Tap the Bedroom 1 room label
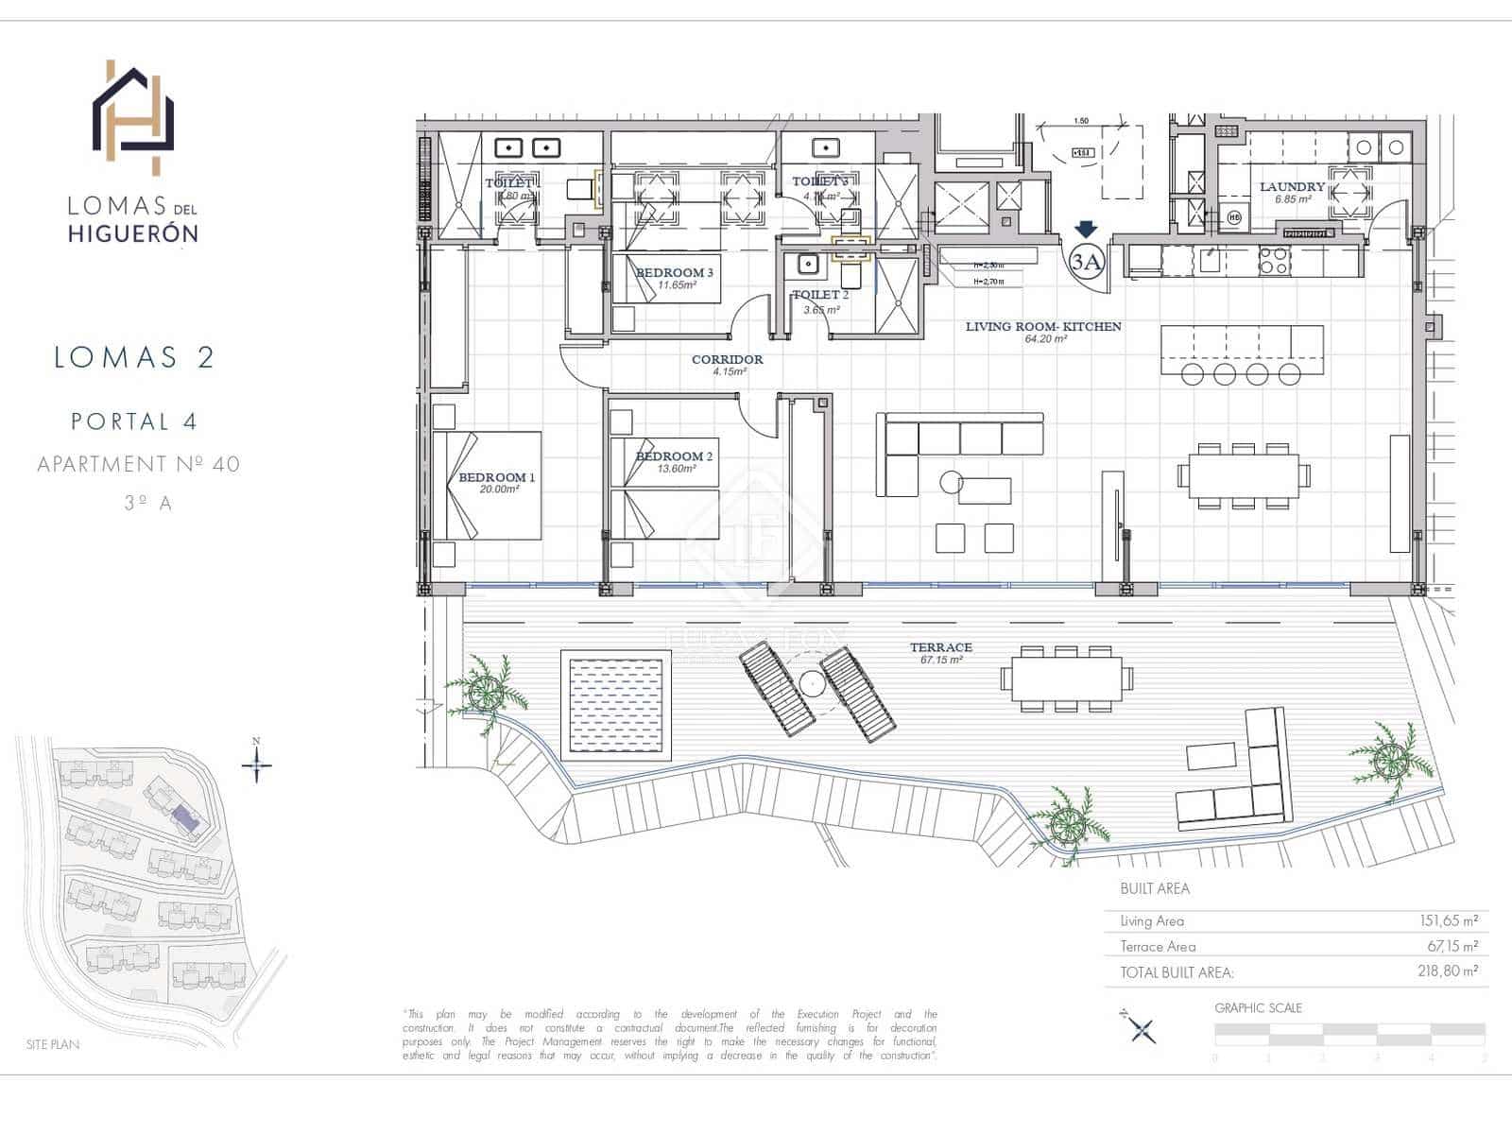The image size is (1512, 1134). point(496,477)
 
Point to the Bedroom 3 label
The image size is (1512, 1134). point(674,272)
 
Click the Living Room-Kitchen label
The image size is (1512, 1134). point(1043,326)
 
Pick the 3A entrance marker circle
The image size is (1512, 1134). point(1087,262)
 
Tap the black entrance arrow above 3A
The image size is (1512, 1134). point(1086,229)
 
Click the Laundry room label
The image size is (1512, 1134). point(1292,187)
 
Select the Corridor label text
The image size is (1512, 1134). point(727,360)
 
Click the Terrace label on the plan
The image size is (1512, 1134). point(940,647)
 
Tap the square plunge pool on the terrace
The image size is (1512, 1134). point(615,704)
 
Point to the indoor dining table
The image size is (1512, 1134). point(1244,475)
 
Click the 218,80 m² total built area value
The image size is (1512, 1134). point(1447,971)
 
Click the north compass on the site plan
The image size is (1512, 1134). point(256,764)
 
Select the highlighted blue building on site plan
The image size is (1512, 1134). point(186,818)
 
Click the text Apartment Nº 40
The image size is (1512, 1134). point(138,464)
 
